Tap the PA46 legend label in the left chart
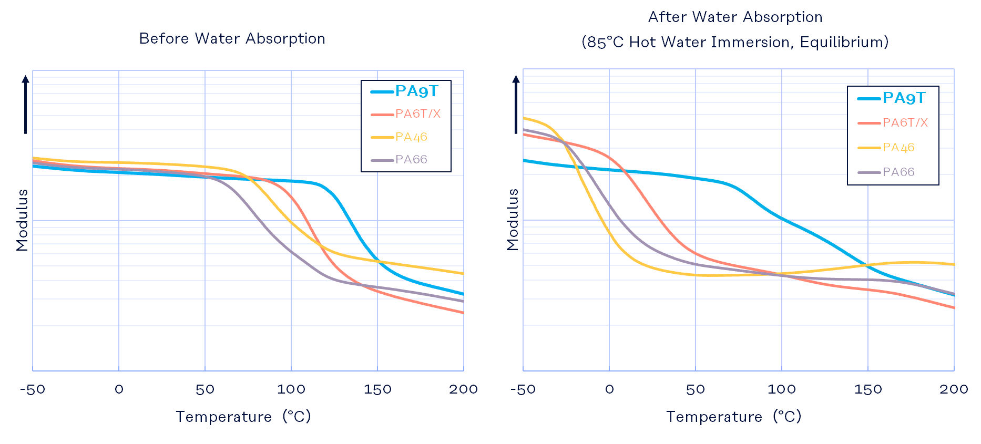[411, 137]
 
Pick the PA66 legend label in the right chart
[898, 172]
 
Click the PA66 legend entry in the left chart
[411, 160]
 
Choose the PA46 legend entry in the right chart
[898, 148]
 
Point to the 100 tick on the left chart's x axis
[291, 389]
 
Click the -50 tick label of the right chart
[523, 389]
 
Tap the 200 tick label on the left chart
[463, 389]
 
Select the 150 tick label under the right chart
[868, 389]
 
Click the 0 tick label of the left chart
[119, 389]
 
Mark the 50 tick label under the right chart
[696, 389]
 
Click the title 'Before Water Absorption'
[232, 39]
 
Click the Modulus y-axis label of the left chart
[22, 220]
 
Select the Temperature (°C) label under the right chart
[733, 417]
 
